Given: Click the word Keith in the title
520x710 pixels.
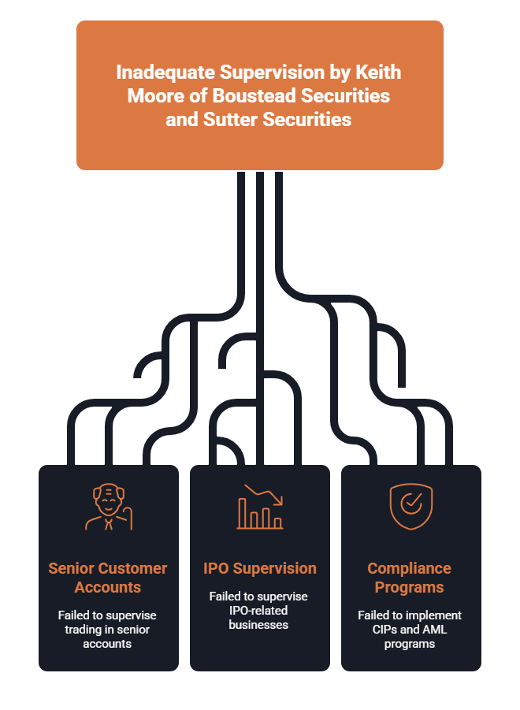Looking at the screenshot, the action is tap(378, 72).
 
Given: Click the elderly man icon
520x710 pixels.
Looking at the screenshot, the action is tap(109, 507).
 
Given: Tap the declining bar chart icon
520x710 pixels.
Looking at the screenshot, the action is tap(260, 507).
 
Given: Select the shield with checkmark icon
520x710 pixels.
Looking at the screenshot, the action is tap(411, 506).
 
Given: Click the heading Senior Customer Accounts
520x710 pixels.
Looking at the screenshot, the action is tap(108, 578).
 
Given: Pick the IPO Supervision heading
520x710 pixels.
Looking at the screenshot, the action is tap(260, 568).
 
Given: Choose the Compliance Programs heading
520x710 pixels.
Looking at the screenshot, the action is tap(409, 578).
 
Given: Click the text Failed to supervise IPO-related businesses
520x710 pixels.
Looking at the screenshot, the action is tap(258, 611).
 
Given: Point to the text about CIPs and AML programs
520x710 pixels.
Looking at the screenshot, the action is tap(410, 630).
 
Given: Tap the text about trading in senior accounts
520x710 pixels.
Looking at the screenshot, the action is tap(107, 630).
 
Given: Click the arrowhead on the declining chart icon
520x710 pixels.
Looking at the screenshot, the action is tap(279, 501).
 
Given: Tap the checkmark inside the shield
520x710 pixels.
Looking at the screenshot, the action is tap(411, 502).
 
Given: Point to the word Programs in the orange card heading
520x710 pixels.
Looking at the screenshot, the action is tap(409, 587).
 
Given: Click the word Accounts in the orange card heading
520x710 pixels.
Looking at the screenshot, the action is tap(108, 587).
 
